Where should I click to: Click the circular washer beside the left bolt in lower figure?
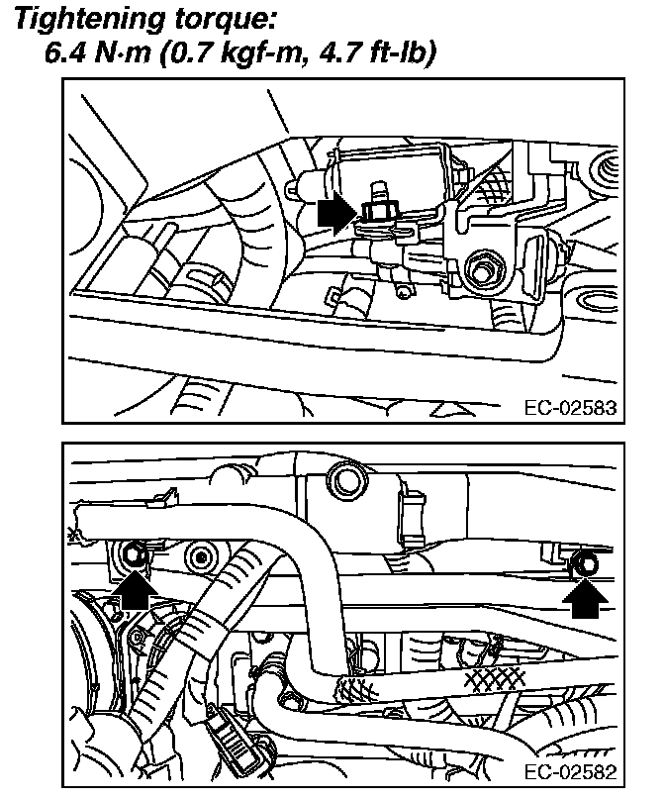point(203,557)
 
